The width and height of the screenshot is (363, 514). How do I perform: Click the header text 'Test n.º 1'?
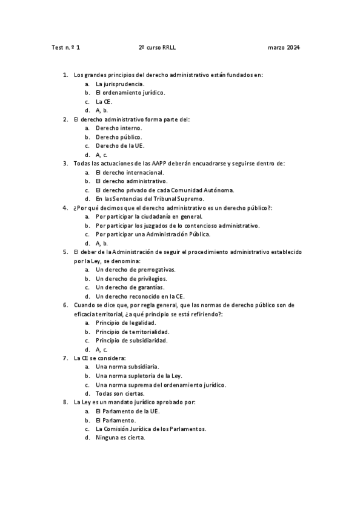[66, 47]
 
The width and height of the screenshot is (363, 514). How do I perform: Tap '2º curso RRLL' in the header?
[157, 47]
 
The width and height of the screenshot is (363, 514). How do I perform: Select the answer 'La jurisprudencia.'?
[120, 84]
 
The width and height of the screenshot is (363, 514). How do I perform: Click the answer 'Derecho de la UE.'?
[120, 145]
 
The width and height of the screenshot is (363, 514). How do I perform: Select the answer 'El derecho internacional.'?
[130, 172]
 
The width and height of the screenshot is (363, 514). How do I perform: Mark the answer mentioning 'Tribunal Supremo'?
[150, 199]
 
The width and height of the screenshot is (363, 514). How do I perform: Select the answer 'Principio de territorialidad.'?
[132, 332]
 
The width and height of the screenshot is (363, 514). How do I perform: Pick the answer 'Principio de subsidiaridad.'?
[132, 341]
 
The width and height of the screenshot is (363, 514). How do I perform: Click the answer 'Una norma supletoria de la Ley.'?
[139, 376]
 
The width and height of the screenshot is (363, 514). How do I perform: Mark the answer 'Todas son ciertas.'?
[120, 393]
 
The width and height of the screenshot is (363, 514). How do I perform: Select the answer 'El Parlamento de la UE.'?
[128, 411]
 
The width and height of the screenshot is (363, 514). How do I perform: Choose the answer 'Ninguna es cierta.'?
[121, 438]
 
